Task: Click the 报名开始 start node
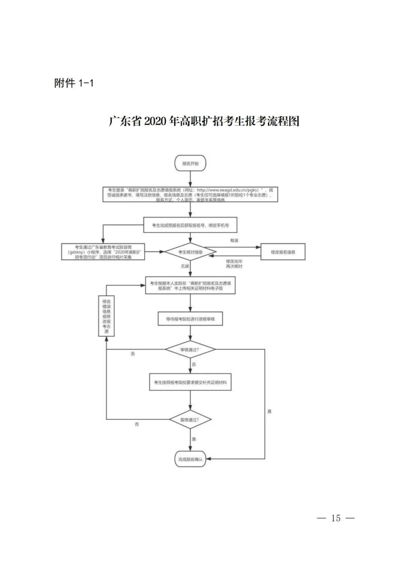pos(190,163)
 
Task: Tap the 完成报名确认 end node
pos(190,459)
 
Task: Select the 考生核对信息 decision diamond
pos(190,252)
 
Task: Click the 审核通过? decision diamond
pos(190,350)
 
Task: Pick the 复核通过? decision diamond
pos(190,420)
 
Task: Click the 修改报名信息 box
pos(283,252)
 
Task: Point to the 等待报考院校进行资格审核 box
pos(190,319)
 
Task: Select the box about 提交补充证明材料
pos(190,382)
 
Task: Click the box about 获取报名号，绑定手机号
pos(190,225)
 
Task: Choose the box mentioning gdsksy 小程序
pos(103,252)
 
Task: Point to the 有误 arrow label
pos(234,241)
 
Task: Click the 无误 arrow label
pos(185,266)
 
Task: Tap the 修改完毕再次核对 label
pos(234,263)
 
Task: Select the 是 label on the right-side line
pos(269,411)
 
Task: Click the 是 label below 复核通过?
pos(194,439)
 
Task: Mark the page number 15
pos(336,518)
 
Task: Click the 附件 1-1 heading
pos(74,83)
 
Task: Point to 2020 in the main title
pos(155,122)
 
